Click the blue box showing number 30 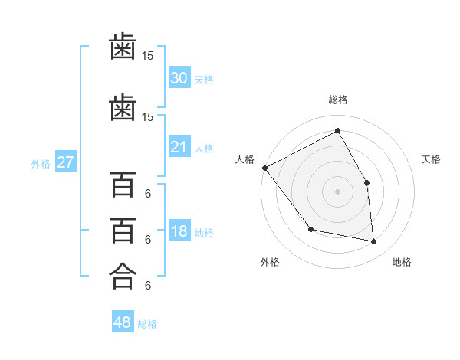point(179,78)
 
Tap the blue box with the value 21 point(179,147)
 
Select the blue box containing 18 point(179,231)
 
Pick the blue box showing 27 point(65,162)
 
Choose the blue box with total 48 point(123,322)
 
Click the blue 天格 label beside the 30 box point(204,80)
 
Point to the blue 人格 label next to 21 point(204,149)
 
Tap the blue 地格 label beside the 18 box point(204,233)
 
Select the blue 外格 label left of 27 point(41,164)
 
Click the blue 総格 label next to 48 point(147,324)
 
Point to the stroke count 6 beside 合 point(147,285)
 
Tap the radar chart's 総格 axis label point(337,100)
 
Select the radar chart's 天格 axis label point(432,159)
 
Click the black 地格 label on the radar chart point(402,262)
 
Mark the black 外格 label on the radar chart point(270,262)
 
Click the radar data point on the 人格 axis point(264,168)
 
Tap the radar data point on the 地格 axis point(374,242)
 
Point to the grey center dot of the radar point(337,191)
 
